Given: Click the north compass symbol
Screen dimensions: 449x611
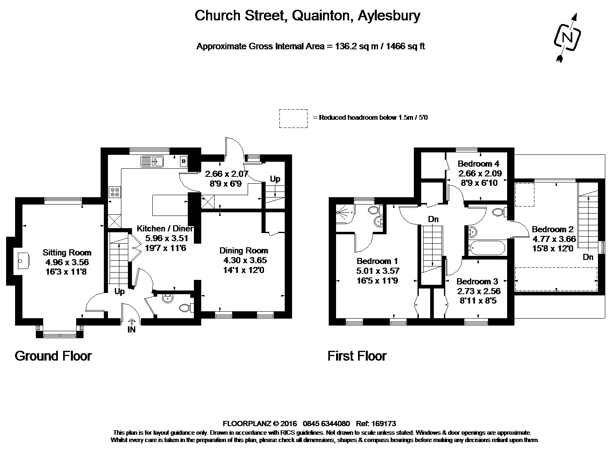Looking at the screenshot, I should pos(567,37).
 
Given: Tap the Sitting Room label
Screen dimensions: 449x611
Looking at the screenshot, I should pos(67,253).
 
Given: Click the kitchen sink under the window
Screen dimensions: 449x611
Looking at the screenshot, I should pos(152,162).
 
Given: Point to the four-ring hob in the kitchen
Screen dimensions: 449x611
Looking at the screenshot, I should pos(114,191).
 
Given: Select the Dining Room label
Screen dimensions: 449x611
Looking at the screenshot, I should pos(244,251).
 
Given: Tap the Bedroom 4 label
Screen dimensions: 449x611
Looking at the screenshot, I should pos(478,164).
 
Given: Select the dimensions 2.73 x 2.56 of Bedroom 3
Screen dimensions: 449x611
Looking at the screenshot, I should pos(479,291).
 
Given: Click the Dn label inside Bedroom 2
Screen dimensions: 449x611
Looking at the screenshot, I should pos(588,257).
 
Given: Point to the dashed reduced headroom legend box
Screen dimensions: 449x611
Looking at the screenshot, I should pos(293,118).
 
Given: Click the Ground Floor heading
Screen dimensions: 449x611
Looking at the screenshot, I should pos(53,356).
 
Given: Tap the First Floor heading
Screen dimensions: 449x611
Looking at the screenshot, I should pos(357,356).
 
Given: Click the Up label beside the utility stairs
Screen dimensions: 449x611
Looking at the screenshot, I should pos(275,179).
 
